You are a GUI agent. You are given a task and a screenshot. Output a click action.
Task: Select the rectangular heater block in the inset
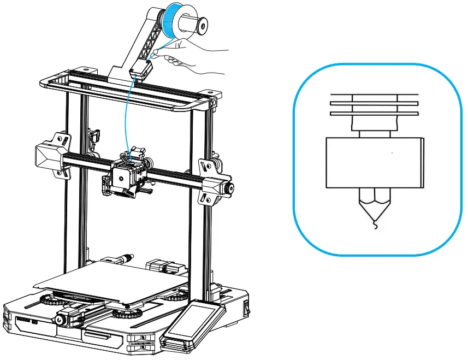point(375,162)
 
